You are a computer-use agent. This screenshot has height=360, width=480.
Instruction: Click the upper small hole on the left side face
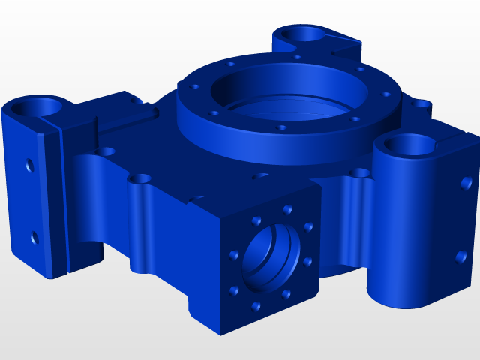pos(30,164)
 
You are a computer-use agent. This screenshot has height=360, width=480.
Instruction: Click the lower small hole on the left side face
pos(34,238)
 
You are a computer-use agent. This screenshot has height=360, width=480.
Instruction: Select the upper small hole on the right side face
pos(466,182)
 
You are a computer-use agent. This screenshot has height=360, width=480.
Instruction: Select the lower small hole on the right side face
pos(460,257)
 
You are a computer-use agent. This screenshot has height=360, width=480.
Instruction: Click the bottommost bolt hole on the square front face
pos(256,306)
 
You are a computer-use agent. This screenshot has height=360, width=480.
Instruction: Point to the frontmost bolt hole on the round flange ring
pos(282,128)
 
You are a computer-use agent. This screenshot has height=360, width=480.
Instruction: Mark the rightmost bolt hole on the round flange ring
pos(385,95)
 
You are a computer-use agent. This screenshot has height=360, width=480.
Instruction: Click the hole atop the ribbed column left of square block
pos(140,179)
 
